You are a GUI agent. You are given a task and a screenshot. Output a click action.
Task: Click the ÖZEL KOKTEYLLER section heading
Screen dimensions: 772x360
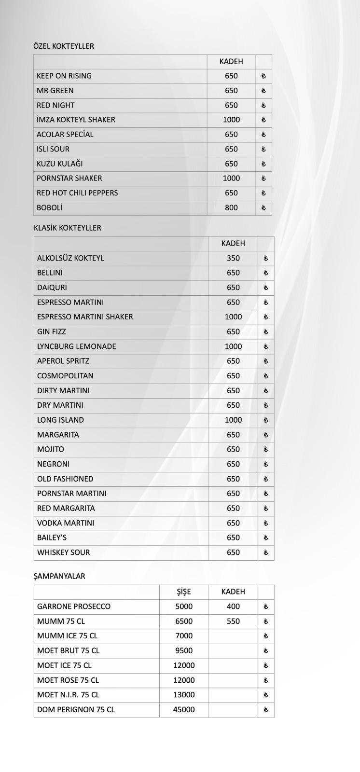(64, 46)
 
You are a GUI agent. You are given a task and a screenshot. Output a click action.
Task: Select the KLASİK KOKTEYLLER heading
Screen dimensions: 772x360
(68, 228)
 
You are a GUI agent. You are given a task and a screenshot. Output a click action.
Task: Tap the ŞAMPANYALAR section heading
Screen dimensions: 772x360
(59, 576)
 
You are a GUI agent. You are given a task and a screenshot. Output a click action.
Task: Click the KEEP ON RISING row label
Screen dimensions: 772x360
(64, 76)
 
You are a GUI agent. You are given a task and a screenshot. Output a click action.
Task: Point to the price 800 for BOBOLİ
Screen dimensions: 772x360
(231, 207)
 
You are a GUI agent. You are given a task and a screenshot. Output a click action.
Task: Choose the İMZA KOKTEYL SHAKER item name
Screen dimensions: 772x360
(76, 120)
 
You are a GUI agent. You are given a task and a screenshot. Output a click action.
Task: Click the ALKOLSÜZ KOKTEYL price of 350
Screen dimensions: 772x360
(233, 258)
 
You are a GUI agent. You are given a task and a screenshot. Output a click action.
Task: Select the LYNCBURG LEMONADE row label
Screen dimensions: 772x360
(77, 346)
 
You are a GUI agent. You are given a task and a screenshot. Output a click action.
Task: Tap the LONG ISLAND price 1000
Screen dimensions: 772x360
(233, 420)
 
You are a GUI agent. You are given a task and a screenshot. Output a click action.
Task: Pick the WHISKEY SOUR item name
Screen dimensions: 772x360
(64, 552)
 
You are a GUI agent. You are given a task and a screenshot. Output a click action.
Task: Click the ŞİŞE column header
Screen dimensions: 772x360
(184, 592)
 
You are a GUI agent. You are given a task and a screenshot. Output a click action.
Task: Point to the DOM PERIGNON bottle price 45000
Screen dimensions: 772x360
(184, 710)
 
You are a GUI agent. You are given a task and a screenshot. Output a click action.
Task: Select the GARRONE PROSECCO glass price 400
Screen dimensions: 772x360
(233, 607)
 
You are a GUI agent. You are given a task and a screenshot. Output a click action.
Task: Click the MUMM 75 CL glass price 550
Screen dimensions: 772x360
(233, 621)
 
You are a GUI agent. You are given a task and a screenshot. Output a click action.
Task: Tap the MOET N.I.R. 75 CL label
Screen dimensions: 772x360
(68, 695)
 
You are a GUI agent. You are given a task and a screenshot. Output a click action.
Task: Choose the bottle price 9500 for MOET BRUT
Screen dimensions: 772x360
(184, 650)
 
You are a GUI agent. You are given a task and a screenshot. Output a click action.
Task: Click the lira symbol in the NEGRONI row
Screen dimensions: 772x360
(265, 464)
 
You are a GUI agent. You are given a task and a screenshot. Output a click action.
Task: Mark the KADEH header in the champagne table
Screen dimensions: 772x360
(233, 592)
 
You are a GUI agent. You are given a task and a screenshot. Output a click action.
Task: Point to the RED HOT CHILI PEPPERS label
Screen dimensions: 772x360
(77, 193)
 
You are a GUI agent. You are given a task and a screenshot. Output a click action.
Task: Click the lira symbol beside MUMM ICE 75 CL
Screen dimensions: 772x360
(265, 636)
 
